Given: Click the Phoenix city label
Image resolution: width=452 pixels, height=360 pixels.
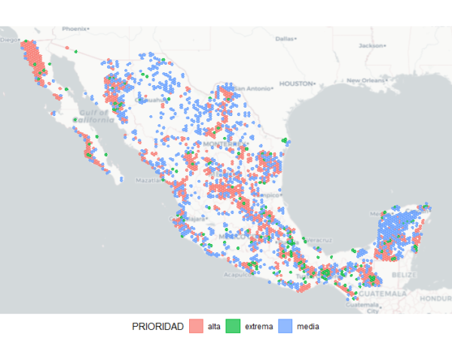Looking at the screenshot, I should pyautogui.click(x=75, y=29).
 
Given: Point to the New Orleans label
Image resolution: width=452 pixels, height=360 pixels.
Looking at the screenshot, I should pyautogui.click(x=365, y=80).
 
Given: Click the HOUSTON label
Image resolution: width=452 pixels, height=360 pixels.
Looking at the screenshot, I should pyautogui.click(x=295, y=84).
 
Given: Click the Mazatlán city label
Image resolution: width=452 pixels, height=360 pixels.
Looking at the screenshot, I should pyautogui.click(x=147, y=181).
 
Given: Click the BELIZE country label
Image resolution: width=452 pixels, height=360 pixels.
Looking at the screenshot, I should pyautogui.click(x=404, y=276).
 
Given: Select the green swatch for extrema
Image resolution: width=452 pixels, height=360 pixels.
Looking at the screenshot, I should pyautogui.click(x=233, y=326).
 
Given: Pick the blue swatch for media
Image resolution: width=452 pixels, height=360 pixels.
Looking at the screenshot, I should pyautogui.click(x=286, y=326).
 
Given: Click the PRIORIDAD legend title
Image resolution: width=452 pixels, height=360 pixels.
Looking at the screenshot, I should pyautogui.click(x=157, y=326).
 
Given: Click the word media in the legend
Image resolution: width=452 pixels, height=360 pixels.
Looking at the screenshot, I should pyautogui.click(x=308, y=326).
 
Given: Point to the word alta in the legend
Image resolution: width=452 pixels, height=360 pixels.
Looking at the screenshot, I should pyautogui.click(x=213, y=326).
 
